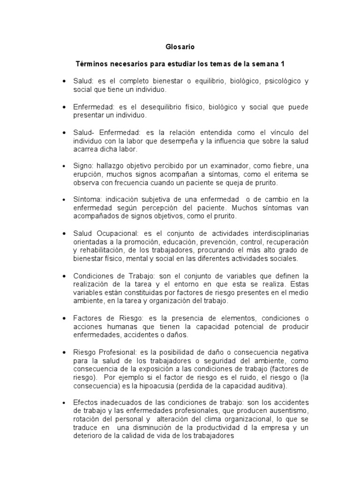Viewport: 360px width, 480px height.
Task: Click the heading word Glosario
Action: (x=180, y=47)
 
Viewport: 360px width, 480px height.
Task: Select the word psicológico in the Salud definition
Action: (x=281, y=81)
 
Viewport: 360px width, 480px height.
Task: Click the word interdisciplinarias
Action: (x=272, y=234)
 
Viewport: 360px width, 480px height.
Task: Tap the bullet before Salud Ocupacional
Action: (x=64, y=234)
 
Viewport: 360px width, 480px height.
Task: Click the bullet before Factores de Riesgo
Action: (x=64, y=318)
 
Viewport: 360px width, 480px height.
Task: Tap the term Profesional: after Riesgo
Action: (x=118, y=352)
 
